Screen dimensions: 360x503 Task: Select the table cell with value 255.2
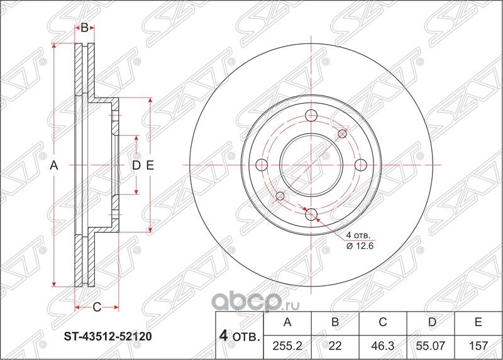click(288, 346)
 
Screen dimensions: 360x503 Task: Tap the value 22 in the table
click(335, 346)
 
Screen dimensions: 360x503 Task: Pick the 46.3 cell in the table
click(383, 346)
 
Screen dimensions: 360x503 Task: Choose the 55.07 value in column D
click(431, 346)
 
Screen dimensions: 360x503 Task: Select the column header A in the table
click(288, 323)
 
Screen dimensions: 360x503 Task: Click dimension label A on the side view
click(54, 166)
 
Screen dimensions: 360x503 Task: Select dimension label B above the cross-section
click(84, 27)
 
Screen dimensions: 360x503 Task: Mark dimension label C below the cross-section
click(97, 307)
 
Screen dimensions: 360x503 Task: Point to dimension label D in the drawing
click(135, 166)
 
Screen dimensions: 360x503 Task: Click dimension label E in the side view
click(150, 166)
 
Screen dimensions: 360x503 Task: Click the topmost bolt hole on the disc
click(311, 116)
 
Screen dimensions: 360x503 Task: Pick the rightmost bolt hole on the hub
click(360, 165)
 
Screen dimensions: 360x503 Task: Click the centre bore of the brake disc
click(311, 165)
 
